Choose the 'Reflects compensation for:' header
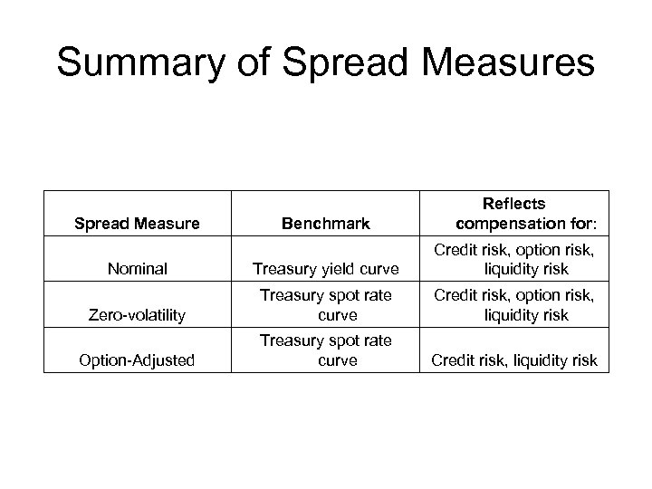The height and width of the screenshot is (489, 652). tap(513, 214)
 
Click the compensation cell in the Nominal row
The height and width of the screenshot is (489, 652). tap(513, 259)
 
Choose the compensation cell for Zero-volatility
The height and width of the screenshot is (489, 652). tap(513, 305)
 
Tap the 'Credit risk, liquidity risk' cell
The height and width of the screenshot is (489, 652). tap(513, 360)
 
